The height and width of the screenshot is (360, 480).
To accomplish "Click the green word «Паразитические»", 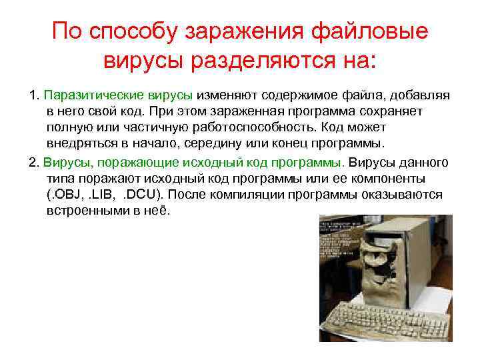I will [x=87, y=95].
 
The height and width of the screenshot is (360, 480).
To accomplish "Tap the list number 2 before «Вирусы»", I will [x=34, y=163].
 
